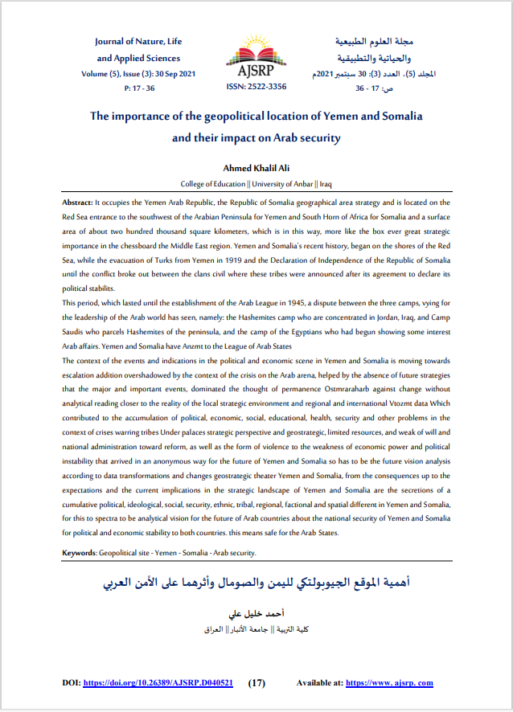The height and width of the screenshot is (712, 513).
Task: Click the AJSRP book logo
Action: (256, 56)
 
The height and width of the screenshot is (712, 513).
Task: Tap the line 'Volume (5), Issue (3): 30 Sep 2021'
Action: (139, 74)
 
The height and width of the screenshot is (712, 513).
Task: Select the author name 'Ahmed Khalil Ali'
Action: (256, 168)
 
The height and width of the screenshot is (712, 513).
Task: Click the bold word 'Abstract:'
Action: (82, 203)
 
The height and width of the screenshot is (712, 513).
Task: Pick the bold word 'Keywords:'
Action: (79, 554)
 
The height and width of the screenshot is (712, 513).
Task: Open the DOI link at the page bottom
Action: (158, 683)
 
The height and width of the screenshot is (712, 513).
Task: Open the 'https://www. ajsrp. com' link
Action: (390, 683)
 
